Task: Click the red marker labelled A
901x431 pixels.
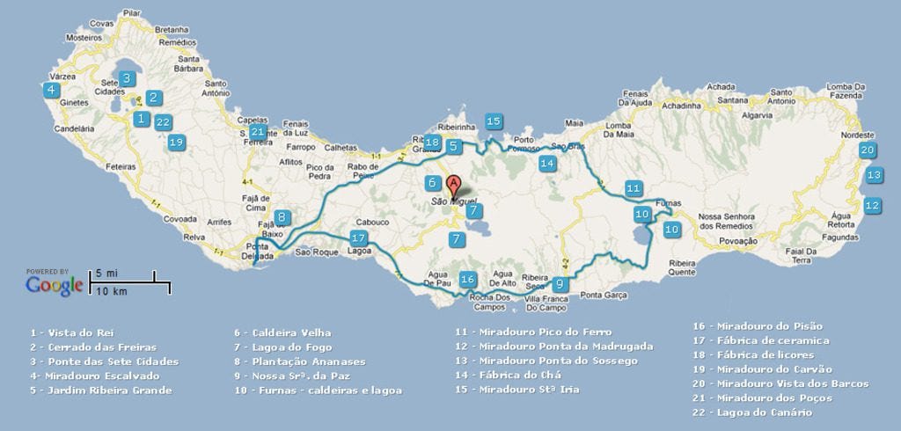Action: pyautogui.click(x=453, y=186)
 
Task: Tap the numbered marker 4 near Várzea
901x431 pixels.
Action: pyautogui.click(x=52, y=90)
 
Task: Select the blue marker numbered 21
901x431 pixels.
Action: pyautogui.click(x=257, y=132)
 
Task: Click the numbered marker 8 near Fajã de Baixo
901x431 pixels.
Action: pyautogui.click(x=281, y=217)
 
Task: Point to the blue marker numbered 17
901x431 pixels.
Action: pyautogui.click(x=357, y=237)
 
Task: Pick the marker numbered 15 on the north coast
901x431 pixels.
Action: pyautogui.click(x=494, y=121)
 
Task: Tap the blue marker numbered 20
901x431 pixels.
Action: pyautogui.click(x=867, y=150)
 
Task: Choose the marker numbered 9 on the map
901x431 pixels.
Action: pyautogui.click(x=559, y=283)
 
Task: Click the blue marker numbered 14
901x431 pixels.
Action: pyautogui.click(x=547, y=163)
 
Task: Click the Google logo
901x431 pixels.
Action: pyautogui.click(x=55, y=285)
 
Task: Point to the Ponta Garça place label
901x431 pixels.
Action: pyautogui.click(x=603, y=295)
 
